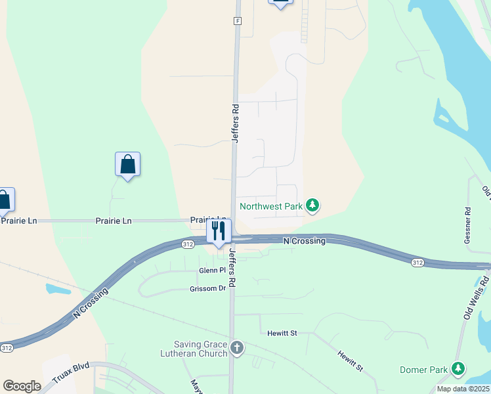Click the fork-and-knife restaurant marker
[219, 231]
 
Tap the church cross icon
[237, 347]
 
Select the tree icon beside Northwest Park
[313, 206]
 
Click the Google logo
[22, 385]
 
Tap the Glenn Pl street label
[212, 271]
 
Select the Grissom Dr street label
[207, 288]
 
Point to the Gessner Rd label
[467, 226]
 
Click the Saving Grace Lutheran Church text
[200, 349]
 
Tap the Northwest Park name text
[271, 206]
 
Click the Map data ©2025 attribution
[463, 389]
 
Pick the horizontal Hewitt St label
[282, 334]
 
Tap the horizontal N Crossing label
[304, 241]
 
